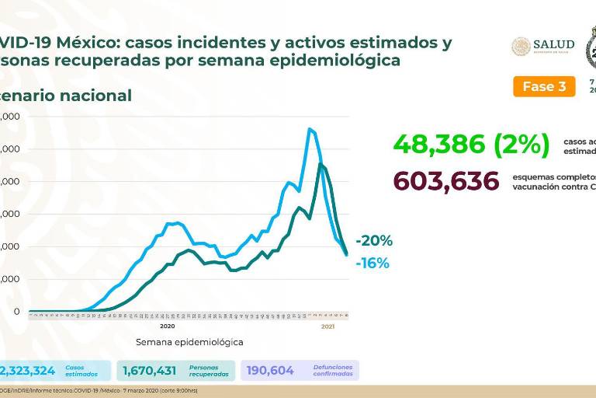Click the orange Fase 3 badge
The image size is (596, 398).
(x=544, y=86)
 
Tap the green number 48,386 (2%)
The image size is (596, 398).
(x=471, y=144)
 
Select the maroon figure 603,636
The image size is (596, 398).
(x=446, y=181)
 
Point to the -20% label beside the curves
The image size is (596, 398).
(x=374, y=241)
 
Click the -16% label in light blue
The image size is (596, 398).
(x=373, y=264)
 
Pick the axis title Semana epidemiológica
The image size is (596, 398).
(x=189, y=341)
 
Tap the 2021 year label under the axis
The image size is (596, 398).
(x=328, y=326)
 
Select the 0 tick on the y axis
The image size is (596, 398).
(x=16, y=312)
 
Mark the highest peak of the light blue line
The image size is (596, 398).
(x=310, y=129)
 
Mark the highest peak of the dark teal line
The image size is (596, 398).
(x=321, y=165)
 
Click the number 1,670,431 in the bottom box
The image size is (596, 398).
(x=151, y=371)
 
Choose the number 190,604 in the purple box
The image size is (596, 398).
(x=270, y=371)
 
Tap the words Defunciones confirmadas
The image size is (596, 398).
(x=333, y=371)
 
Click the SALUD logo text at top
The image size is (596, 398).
(x=553, y=45)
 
